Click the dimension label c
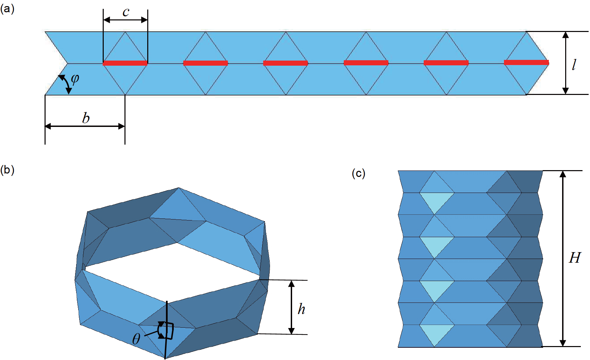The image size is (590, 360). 126,12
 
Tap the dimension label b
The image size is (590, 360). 86,118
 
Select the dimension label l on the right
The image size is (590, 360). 574,65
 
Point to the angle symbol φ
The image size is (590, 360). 75,79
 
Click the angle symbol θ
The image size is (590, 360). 136,339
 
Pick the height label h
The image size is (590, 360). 301,309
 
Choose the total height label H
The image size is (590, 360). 575,258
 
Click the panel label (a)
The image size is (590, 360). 7,9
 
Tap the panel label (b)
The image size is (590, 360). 7,170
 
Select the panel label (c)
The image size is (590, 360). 358,174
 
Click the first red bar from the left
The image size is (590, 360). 125,63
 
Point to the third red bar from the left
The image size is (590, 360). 286,63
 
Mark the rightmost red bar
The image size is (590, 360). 526,62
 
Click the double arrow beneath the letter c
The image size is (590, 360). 125,20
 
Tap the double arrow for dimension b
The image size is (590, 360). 85,127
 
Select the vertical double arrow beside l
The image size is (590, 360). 566,63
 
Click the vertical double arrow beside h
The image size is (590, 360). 291,307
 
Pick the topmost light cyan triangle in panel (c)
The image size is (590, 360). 436,202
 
